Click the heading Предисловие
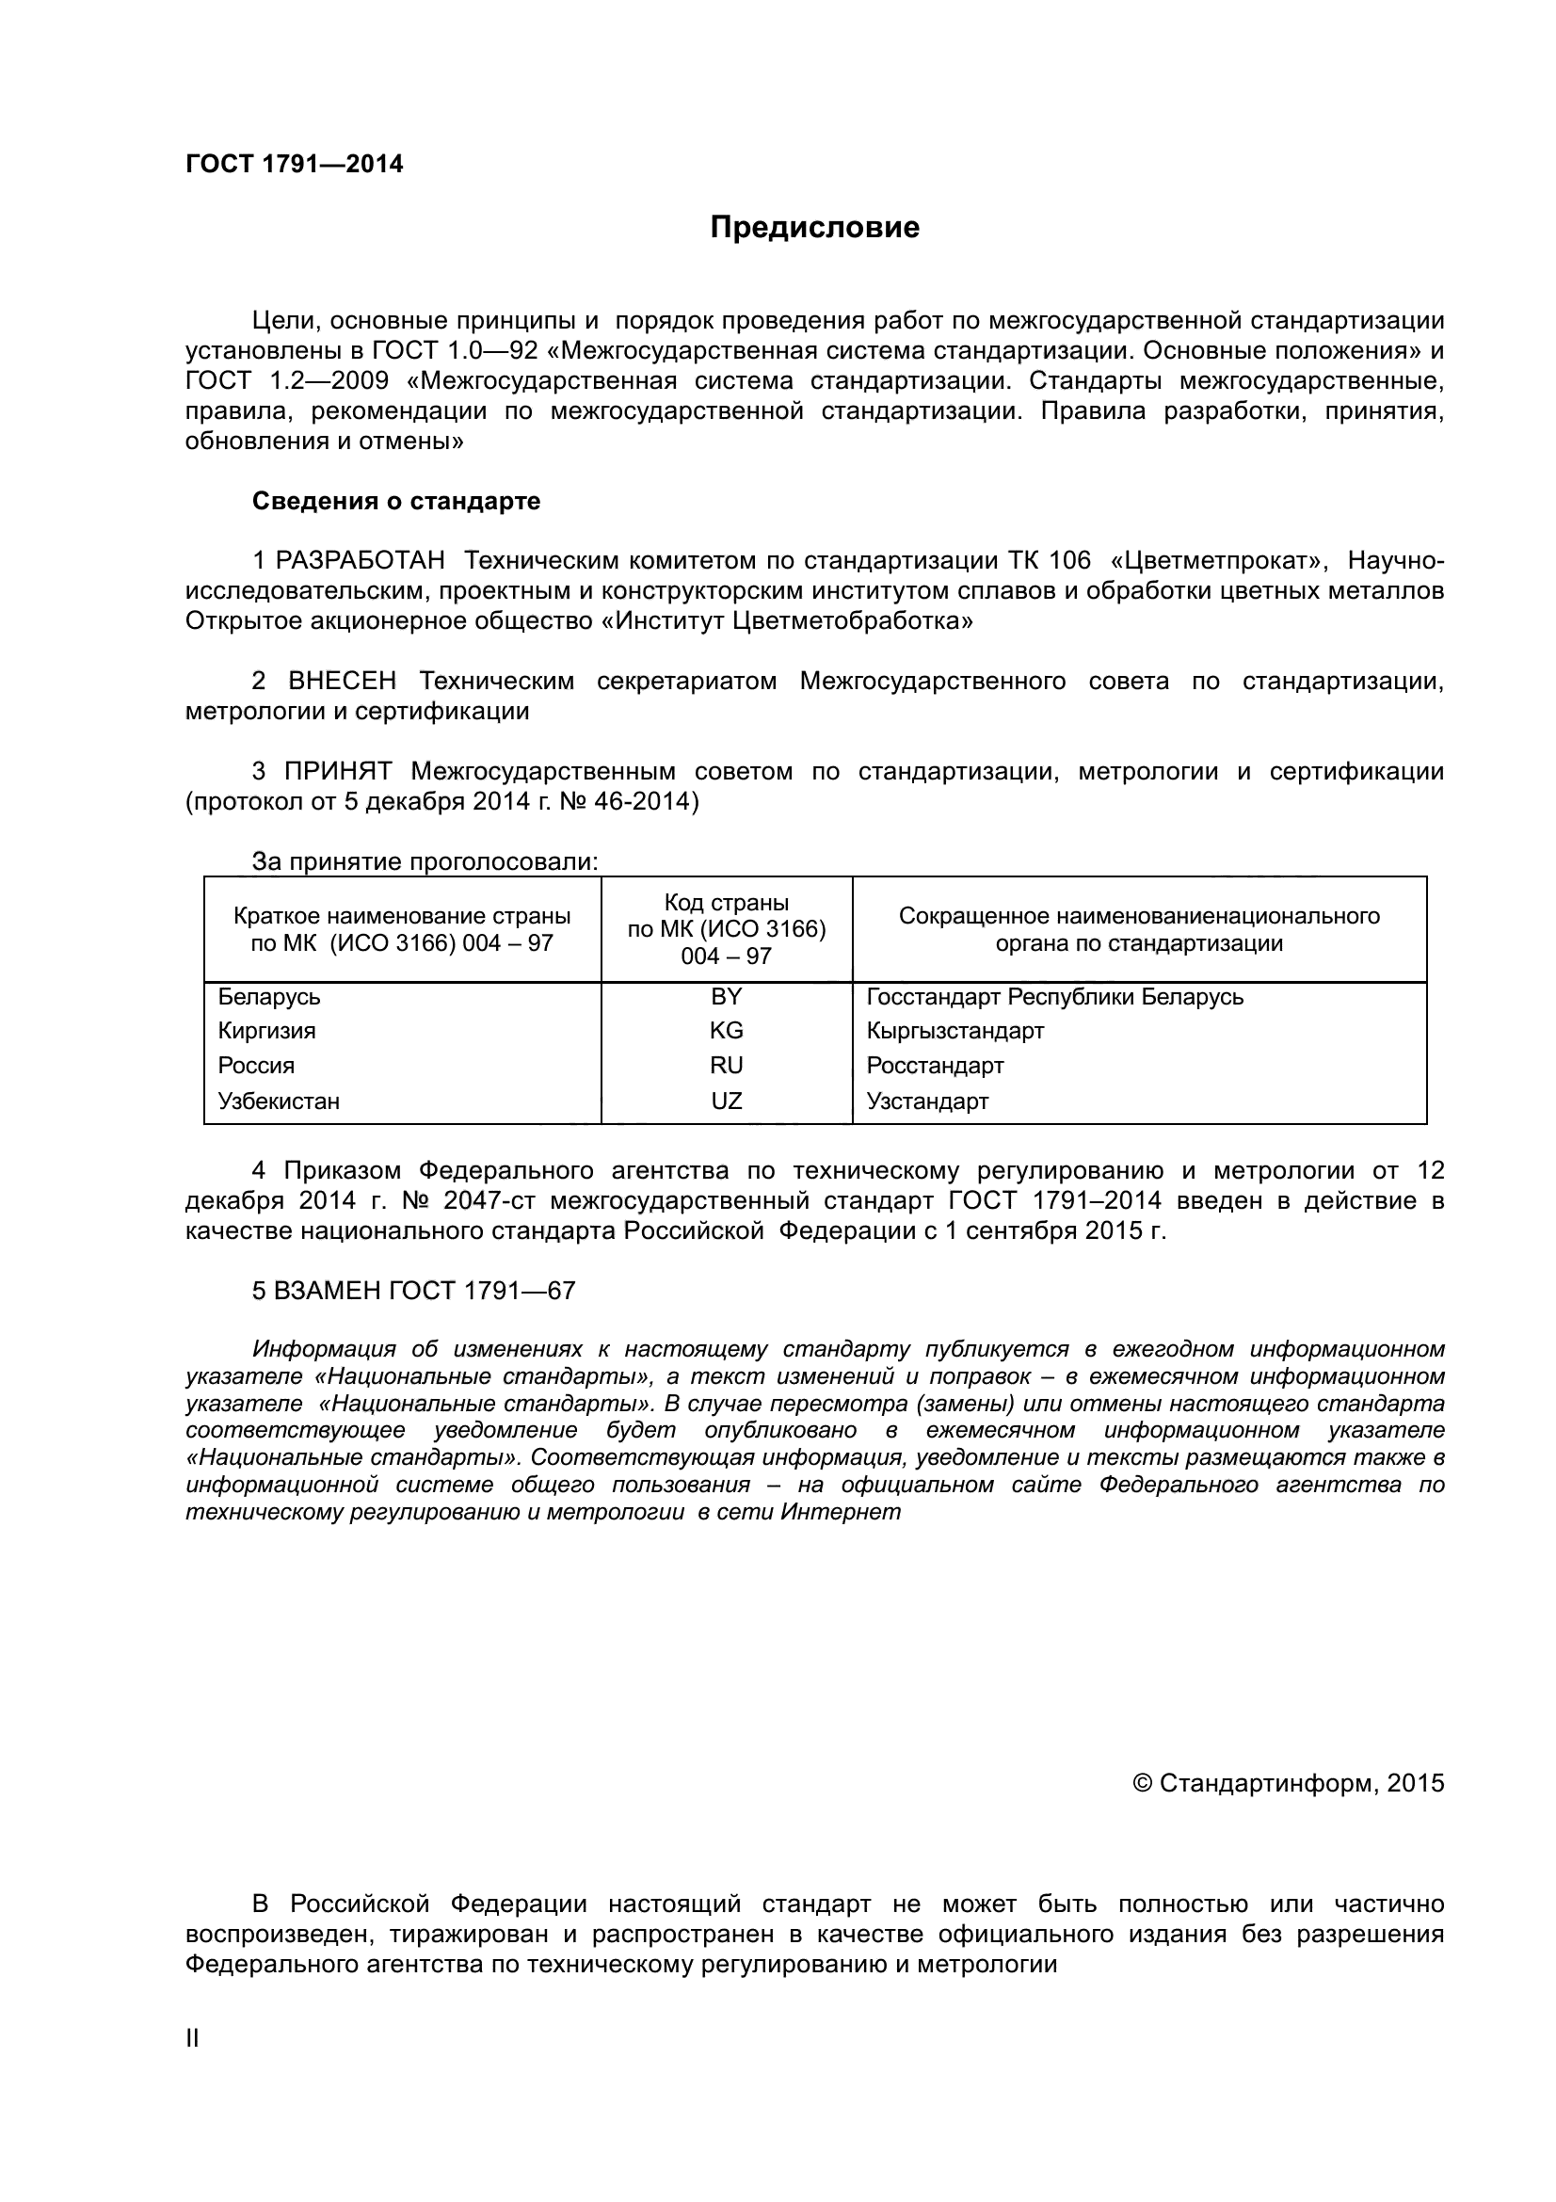click(x=814, y=227)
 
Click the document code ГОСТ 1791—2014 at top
click(x=295, y=164)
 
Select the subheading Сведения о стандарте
click(x=396, y=501)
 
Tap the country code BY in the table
click(x=726, y=996)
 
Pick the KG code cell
click(x=726, y=1031)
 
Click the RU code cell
click(x=726, y=1066)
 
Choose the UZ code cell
click(x=726, y=1101)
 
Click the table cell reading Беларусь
click(x=269, y=996)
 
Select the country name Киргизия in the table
click(x=266, y=1031)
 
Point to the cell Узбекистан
click(x=279, y=1101)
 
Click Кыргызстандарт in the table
click(x=954, y=1031)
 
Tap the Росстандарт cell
click(x=935, y=1066)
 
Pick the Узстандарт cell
click(x=927, y=1101)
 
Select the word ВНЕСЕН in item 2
click(x=343, y=681)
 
